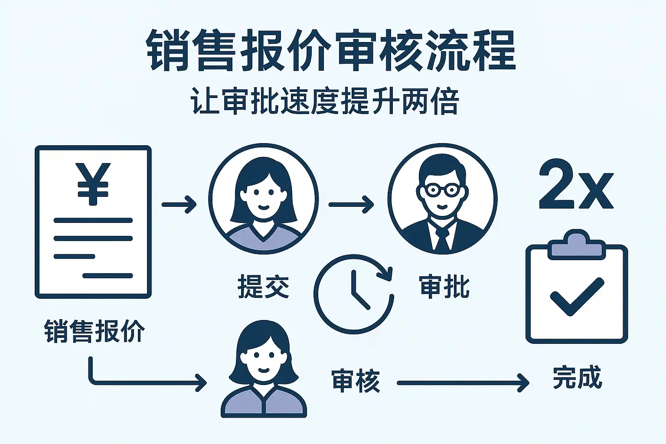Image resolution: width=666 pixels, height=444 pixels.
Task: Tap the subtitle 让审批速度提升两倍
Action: [x=325, y=102]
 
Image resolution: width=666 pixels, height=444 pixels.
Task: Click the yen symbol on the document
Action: [x=93, y=183]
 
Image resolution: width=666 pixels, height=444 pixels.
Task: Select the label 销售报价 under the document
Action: [x=94, y=332]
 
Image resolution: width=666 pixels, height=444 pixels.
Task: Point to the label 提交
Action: [x=263, y=287]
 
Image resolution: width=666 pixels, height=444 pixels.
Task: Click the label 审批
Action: [x=444, y=287]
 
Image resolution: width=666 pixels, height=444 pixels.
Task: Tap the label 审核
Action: [x=356, y=381]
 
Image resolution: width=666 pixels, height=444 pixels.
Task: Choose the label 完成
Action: [x=577, y=378]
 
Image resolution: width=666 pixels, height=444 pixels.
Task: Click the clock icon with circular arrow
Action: [x=354, y=294]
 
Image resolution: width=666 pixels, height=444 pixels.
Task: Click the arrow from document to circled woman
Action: [x=179, y=204]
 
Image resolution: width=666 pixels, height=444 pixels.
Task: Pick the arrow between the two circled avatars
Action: [x=351, y=204]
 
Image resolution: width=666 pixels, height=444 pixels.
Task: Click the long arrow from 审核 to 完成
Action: [x=463, y=383]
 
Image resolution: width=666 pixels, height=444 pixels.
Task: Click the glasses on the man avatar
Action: [x=441, y=190]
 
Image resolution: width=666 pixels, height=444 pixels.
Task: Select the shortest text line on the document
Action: [x=74, y=256]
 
